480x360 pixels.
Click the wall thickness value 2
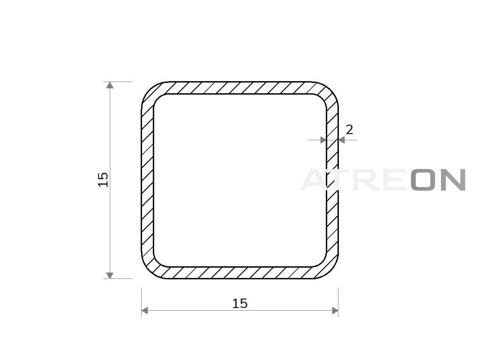point(349,130)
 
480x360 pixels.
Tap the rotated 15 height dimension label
point(103,180)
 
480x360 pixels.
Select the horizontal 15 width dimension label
point(240,303)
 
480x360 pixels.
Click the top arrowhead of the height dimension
point(110,85)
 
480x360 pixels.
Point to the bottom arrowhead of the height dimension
point(110,275)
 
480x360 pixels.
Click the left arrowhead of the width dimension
point(144,311)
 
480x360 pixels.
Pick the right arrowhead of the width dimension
point(335,311)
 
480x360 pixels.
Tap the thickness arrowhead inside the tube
point(323,140)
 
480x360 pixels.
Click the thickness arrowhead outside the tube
point(342,140)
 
